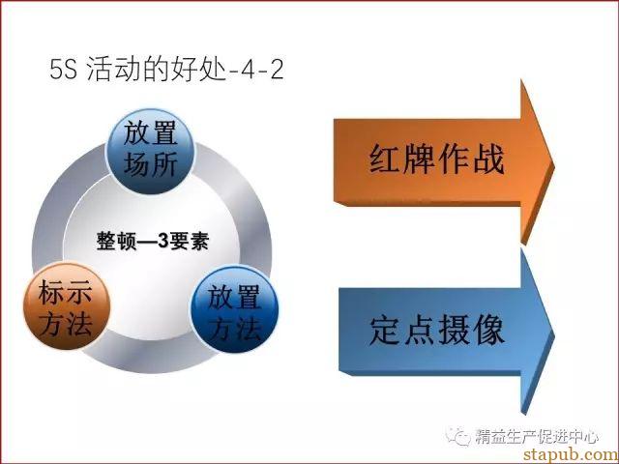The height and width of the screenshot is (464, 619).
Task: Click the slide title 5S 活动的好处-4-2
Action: pyautogui.click(x=166, y=69)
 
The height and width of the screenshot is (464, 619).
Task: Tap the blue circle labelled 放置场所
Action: pyautogui.click(x=151, y=151)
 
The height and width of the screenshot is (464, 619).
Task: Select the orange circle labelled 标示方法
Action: pyautogui.click(x=67, y=306)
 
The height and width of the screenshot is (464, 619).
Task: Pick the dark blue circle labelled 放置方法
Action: pyautogui.click(x=234, y=309)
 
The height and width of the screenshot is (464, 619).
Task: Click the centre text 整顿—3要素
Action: pyautogui.click(x=153, y=241)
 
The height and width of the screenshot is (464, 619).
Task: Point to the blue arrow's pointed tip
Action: pyautogui.click(x=554, y=336)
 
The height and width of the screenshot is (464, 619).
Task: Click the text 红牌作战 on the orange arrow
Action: pyautogui.click(x=436, y=159)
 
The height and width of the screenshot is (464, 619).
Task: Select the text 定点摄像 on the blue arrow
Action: pyautogui.click(x=436, y=330)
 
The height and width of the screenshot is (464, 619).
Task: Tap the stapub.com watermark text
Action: pyautogui.click(x=571, y=453)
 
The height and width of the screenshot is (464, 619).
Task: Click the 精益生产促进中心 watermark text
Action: pyautogui.click(x=537, y=436)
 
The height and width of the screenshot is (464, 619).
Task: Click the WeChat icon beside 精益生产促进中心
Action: pyautogui.click(x=457, y=436)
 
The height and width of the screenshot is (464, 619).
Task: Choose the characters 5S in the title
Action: pyautogui.click(x=63, y=70)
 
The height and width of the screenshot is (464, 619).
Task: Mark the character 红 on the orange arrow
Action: pyautogui.click(x=385, y=159)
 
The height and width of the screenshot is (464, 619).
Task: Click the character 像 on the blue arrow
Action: pyautogui.click(x=488, y=330)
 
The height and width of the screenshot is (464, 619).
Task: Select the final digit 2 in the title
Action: pyautogui.click(x=277, y=70)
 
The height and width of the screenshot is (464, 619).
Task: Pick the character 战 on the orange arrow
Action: pyautogui.click(x=488, y=159)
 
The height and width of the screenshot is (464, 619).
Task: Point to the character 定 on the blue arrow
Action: pyautogui.click(x=385, y=330)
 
